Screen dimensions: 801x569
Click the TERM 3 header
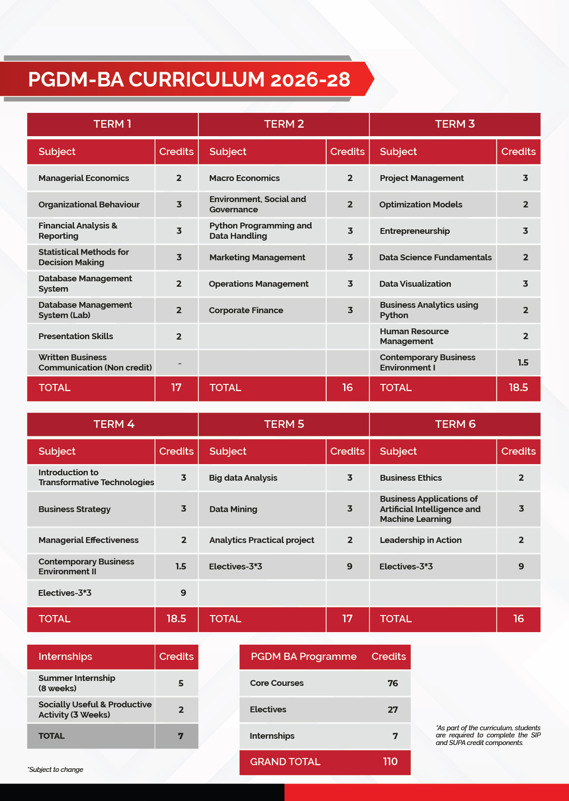pyautogui.click(x=455, y=124)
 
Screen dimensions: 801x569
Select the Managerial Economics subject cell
pyautogui.click(x=84, y=178)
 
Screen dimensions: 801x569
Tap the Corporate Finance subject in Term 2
pyautogui.click(x=246, y=310)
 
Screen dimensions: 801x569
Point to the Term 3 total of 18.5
pyautogui.click(x=518, y=388)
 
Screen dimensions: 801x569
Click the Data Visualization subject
pyautogui.click(x=415, y=284)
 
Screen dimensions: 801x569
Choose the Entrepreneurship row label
pyautogui.click(x=414, y=231)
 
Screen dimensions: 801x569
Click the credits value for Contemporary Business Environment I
pyautogui.click(x=523, y=362)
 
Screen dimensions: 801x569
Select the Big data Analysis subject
pyautogui.click(x=243, y=478)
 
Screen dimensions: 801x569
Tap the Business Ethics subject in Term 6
pyautogui.click(x=410, y=478)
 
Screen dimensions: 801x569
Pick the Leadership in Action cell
pyautogui.click(x=420, y=540)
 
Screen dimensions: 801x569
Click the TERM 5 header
pyautogui.click(x=284, y=424)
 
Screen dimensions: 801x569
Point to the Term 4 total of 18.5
pyautogui.click(x=176, y=619)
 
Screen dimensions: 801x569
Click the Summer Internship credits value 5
pyautogui.click(x=181, y=683)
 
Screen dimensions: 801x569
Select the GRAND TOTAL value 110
pyautogui.click(x=390, y=762)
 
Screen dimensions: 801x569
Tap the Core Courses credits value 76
pyautogui.click(x=392, y=683)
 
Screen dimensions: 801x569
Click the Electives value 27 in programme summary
pyautogui.click(x=392, y=710)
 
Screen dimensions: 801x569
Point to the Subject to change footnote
pyautogui.click(x=56, y=770)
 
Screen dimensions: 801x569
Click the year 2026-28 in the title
pyautogui.click(x=310, y=80)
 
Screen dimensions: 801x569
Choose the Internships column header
pyautogui.click(x=65, y=657)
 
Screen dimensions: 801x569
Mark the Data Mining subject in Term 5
pyautogui.click(x=233, y=509)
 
